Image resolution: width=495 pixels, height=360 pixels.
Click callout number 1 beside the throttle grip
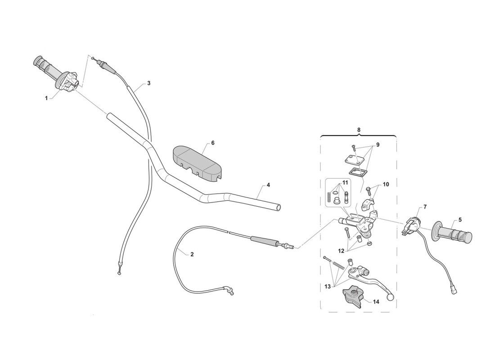tap(46, 98)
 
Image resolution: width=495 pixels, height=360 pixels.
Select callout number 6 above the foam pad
tap(213, 143)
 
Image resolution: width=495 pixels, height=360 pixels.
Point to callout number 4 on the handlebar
tap(268, 185)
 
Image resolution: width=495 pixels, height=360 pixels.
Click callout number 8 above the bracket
tap(359, 130)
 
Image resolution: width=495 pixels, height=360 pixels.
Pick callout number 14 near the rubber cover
tap(376, 301)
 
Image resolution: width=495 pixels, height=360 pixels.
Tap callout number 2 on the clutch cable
tap(192, 254)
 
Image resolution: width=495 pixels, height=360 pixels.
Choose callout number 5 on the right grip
tap(460, 220)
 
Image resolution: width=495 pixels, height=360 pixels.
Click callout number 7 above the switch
tap(425, 207)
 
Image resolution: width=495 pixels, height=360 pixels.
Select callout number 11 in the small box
tap(345, 183)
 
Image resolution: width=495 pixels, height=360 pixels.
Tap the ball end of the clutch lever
tap(391, 297)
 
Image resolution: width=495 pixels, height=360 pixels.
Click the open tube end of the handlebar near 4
tap(278, 207)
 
